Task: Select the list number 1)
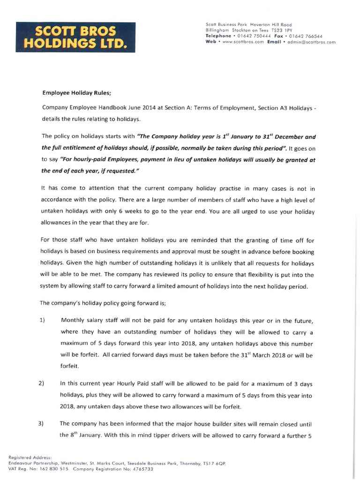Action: click(x=42, y=320)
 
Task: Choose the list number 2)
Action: click(x=42, y=383)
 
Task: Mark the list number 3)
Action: click(x=42, y=423)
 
